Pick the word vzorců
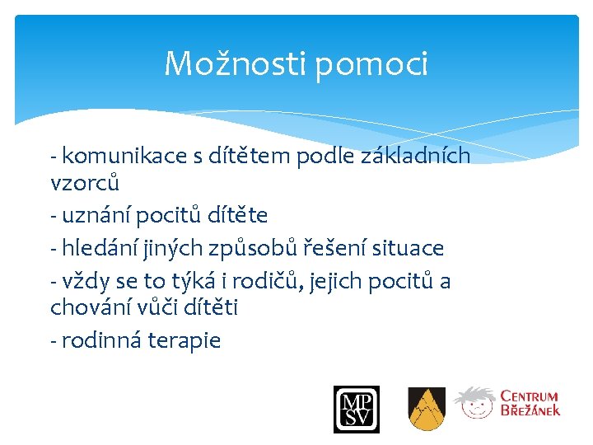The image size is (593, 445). [85, 182]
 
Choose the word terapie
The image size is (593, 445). [184, 341]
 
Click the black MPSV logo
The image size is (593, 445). [356, 410]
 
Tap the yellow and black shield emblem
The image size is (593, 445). [427, 410]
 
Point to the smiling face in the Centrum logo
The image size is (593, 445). [475, 405]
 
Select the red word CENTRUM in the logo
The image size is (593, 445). [530, 397]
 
